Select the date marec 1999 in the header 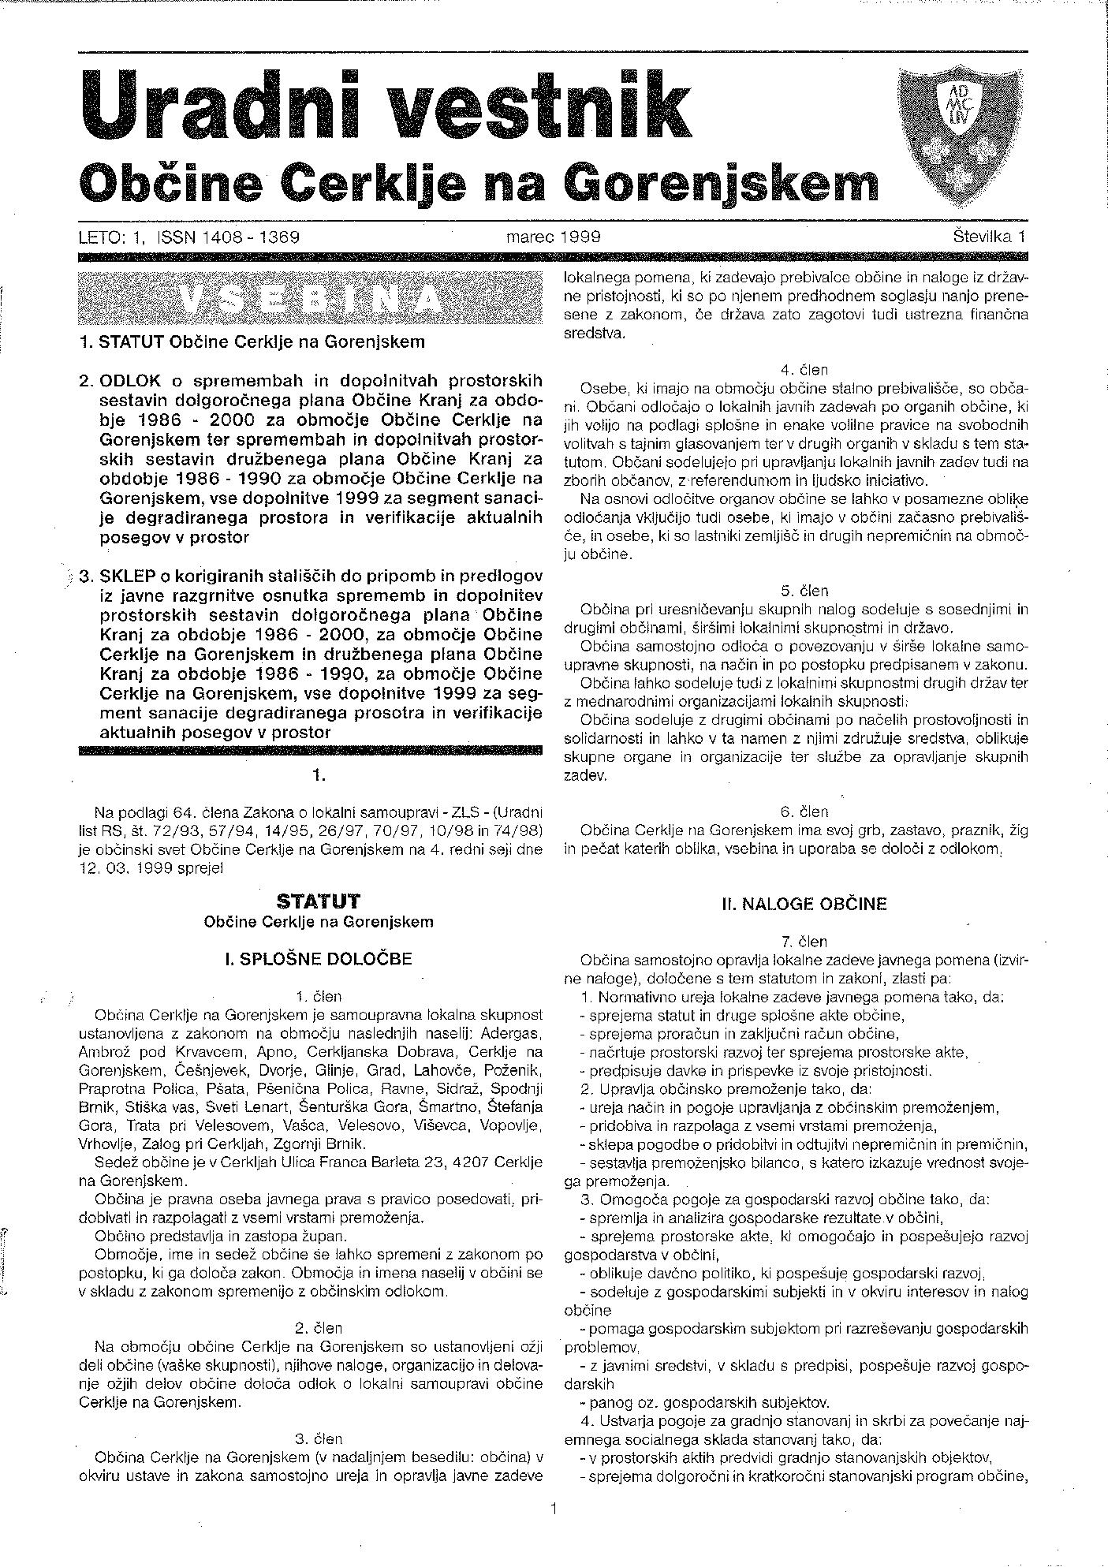pos(554,236)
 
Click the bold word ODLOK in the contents pos(129,380)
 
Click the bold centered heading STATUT pos(319,901)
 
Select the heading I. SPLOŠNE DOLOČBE pos(319,959)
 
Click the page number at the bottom pos(554,1510)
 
